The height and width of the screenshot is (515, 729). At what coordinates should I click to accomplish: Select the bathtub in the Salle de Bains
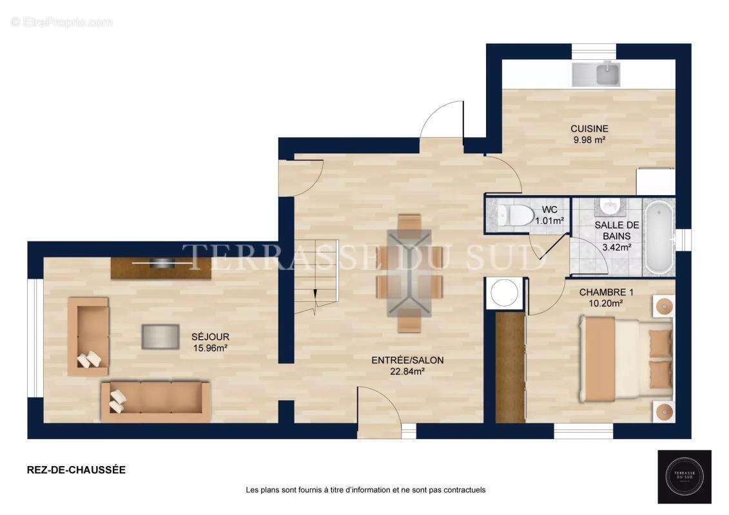[659, 238]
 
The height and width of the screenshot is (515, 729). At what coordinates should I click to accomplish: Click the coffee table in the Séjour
[160, 336]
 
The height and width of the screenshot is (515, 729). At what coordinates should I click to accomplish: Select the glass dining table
[409, 272]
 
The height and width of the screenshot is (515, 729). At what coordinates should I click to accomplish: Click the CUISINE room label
[589, 129]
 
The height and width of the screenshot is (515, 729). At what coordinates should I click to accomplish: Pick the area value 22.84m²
[407, 371]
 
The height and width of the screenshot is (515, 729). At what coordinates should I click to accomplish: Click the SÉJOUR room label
[209, 337]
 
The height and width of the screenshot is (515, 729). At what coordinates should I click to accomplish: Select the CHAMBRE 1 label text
[606, 292]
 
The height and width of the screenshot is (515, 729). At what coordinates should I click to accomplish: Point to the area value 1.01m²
[553, 221]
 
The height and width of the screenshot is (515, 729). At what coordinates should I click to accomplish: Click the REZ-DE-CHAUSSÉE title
[76, 470]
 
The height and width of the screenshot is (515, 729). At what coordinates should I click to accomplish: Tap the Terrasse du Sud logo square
[684, 476]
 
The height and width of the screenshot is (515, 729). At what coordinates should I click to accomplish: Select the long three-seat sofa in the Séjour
[156, 402]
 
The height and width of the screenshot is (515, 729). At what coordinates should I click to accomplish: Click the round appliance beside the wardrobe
[503, 292]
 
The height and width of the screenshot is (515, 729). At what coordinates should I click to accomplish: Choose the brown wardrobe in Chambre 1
[510, 367]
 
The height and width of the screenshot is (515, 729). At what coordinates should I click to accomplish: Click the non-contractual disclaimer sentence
[365, 490]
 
